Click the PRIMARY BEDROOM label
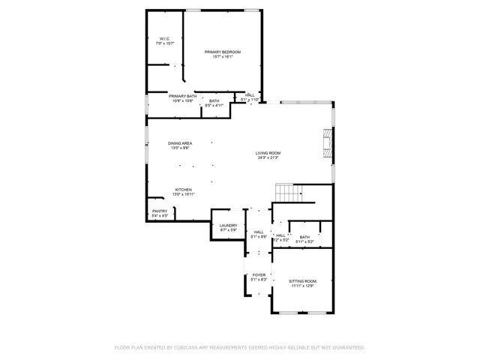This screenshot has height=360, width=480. tap(223, 52)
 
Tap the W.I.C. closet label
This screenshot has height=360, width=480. tap(164, 39)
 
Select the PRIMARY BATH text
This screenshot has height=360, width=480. tap(182, 96)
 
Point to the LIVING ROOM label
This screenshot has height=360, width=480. tap(268, 152)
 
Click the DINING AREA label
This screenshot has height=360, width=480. tap(179, 143)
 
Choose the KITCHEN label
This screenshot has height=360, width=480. tap(184, 189)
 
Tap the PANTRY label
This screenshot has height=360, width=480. tap(160, 211)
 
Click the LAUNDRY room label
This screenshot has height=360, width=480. tap(228, 225)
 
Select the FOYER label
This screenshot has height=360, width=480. tap(259, 274)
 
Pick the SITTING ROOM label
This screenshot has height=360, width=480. tap(302, 280)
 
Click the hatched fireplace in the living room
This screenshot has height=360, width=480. tap(326, 142)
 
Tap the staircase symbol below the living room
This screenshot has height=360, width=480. tap(286, 193)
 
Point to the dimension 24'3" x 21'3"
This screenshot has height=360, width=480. tap(268, 157)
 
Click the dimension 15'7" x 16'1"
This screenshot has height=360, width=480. tap(223, 57)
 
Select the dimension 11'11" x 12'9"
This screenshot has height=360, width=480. tap(302, 286)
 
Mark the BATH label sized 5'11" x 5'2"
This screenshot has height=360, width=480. tap(304, 237)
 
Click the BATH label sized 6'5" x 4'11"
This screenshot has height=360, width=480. tap(214, 101)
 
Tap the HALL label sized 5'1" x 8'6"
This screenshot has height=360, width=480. tap(259, 232)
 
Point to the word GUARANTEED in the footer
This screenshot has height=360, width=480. tap(347, 347)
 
